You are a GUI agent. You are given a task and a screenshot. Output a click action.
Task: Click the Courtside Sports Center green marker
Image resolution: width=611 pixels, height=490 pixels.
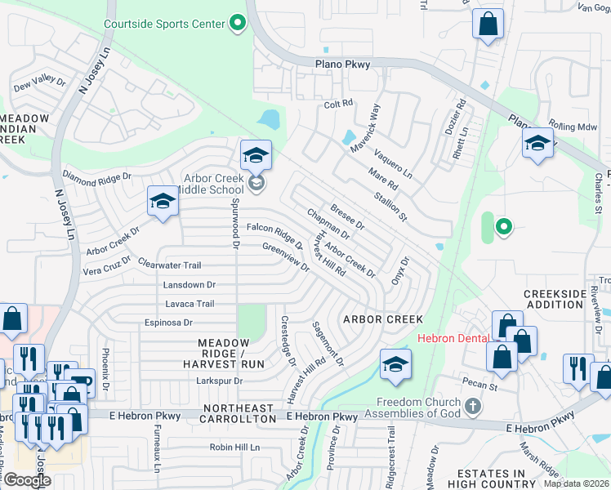tap(238, 23)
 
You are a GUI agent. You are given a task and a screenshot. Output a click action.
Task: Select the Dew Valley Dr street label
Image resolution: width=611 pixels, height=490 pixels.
tap(38, 82)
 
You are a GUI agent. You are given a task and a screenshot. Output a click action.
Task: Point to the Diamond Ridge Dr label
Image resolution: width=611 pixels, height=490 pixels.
tap(97, 176)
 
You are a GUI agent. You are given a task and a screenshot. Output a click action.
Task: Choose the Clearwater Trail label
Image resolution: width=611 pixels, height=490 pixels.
tap(169, 265)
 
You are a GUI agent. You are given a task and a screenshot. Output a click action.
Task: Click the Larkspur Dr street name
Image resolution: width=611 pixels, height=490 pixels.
tap(220, 381)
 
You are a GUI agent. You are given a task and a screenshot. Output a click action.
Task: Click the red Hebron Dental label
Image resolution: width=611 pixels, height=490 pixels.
tap(453, 338)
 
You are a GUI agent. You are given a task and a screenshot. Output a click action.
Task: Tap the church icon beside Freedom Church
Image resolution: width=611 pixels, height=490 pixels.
tap(472, 406)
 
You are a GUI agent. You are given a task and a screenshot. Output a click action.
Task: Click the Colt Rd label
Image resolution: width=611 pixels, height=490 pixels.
tap(337, 104)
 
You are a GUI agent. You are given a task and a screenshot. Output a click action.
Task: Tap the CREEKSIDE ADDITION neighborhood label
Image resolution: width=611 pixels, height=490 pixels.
tap(554, 299)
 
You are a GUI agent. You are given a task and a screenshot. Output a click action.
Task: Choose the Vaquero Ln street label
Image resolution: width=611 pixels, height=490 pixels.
tap(393, 163)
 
